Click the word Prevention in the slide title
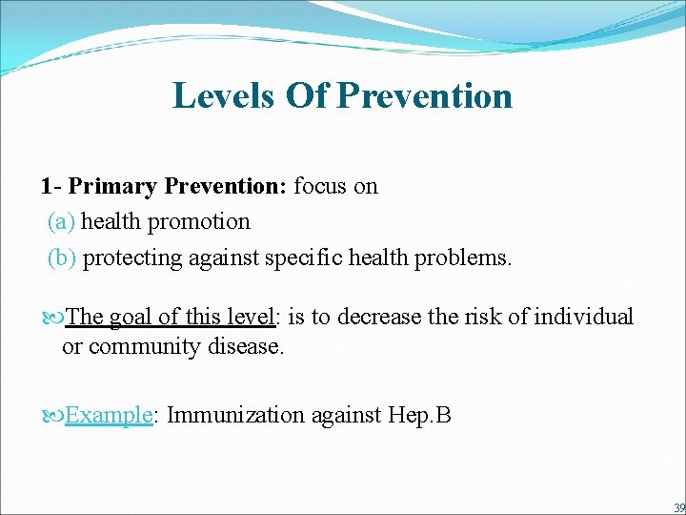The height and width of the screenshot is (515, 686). click(x=425, y=95)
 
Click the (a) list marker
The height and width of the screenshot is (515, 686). click(x=61, y=222)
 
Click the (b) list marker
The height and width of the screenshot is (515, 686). click(x=62, y=258)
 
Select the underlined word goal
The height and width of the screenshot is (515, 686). click(x=130, y=317)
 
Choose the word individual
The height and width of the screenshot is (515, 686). click(x=584, y=317)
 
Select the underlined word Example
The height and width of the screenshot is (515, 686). click(x=109, y=416)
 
